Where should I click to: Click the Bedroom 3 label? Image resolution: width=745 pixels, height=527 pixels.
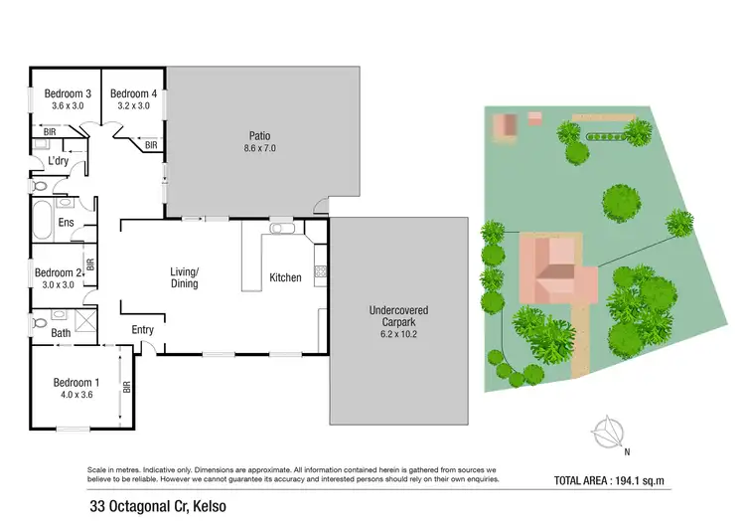[65, 94]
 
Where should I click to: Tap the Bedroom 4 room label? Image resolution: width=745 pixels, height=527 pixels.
[133, 94]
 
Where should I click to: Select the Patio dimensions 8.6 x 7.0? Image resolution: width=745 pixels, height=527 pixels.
[260, 147]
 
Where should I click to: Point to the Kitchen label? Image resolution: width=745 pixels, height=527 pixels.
[285, 277]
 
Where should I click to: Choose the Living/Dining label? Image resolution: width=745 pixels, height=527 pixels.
[184, 277]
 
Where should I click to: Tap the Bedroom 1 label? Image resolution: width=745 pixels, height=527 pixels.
[75, 383]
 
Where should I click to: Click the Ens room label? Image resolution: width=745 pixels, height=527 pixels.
[67, 223]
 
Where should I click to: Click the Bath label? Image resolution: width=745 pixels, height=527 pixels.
[61, 333]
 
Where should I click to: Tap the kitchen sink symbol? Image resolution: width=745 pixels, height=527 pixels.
[280, 230]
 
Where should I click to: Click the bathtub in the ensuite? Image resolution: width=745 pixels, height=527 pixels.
[44, 216]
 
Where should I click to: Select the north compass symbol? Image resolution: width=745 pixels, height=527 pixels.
[604, 432]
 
